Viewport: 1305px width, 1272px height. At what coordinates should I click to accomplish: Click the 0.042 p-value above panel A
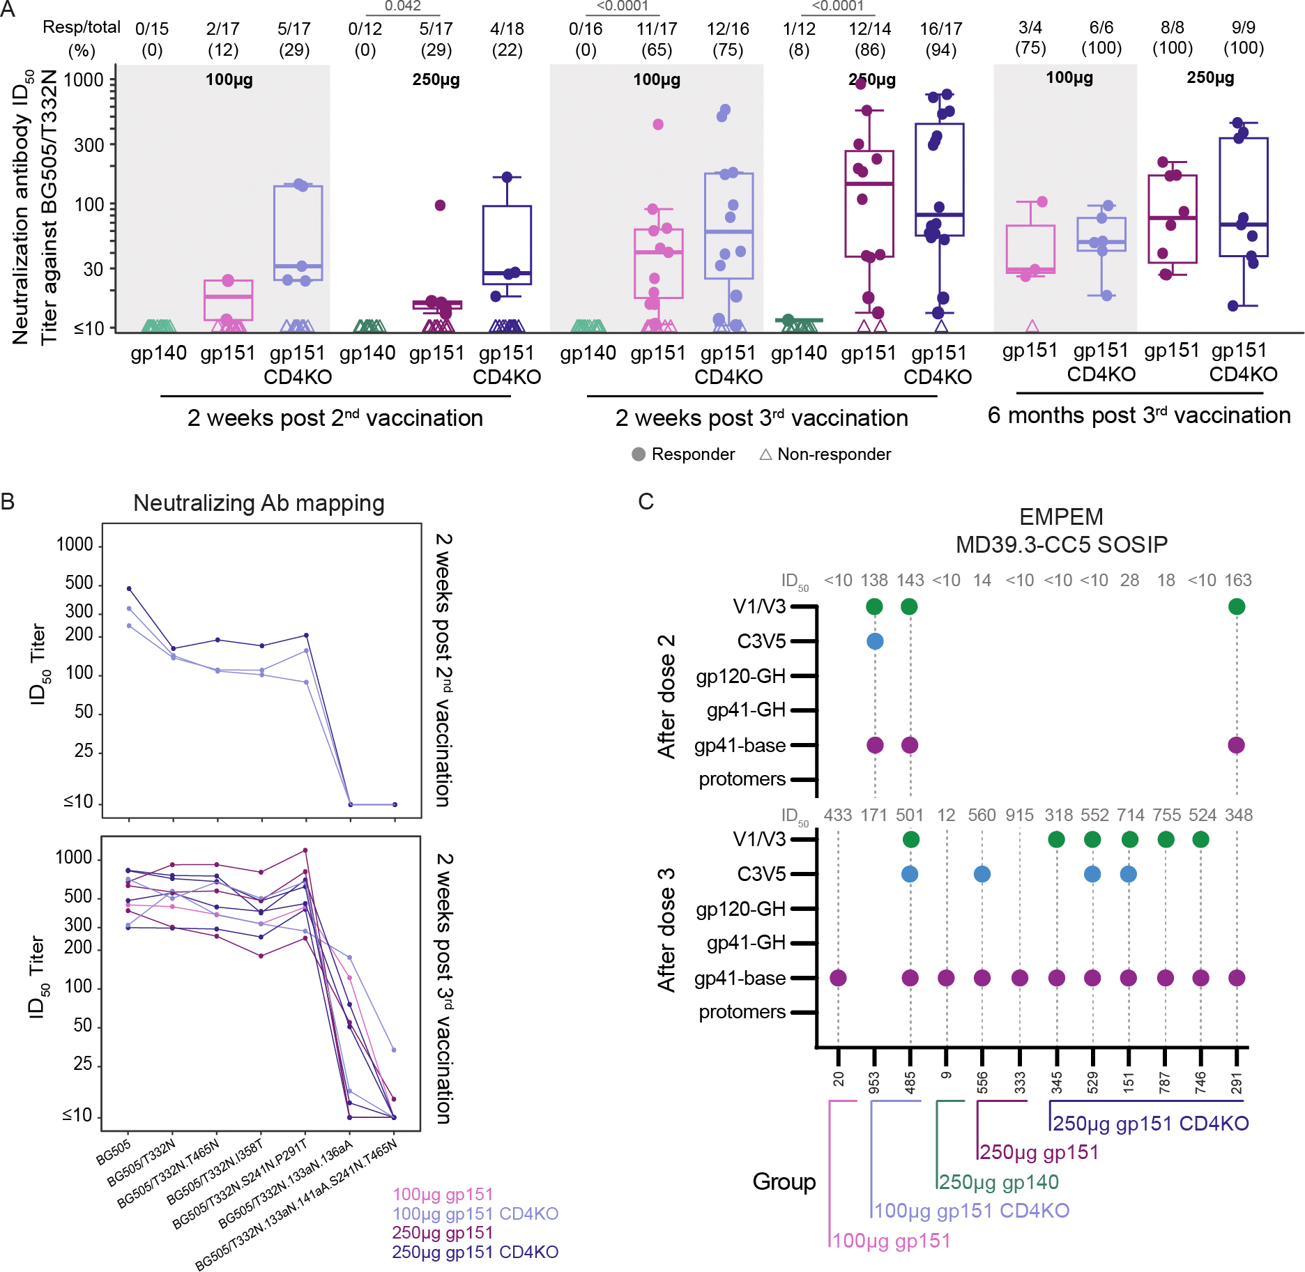click(403, 6)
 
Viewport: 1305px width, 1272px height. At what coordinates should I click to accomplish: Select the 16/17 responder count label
click(940, 29)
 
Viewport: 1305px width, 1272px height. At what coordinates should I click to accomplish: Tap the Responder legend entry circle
click(639, 454)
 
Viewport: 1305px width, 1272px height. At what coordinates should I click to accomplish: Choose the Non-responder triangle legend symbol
click(765, 454)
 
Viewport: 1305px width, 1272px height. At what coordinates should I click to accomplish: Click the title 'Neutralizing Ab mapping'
click(259, 503)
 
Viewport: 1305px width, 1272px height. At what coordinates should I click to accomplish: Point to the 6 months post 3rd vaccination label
click(1139, 415)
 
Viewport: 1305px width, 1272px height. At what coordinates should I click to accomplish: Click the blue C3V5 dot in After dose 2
click(875, 641)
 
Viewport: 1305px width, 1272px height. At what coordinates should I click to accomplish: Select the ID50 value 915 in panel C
click(1019, 815)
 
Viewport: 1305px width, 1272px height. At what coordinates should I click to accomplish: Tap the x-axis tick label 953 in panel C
click(874, 1082)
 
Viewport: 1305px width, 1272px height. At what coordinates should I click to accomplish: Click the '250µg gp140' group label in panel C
click(998, 1182)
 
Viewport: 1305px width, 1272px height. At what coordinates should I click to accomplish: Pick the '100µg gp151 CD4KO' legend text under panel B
click(475, 1213)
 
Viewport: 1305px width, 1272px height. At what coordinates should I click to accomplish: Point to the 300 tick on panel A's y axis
click(89, 145)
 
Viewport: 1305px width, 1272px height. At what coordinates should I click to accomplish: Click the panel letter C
click(646, 502)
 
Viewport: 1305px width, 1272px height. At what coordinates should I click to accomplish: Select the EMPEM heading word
click(1061, 517)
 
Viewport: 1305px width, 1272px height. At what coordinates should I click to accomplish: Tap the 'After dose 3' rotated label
click(666, 930)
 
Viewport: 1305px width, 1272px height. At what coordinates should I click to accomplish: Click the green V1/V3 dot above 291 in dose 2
click(1237, 606)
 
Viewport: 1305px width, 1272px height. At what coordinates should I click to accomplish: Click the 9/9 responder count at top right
click(1243, 28)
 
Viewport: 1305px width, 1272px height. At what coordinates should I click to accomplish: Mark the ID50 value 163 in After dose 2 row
click(1237, 581)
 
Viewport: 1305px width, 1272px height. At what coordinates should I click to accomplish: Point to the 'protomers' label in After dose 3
click(742, 1012)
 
